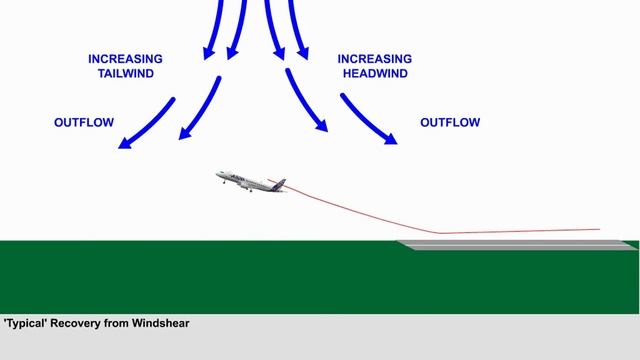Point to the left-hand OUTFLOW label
coord(84,123)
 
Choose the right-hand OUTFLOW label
coord(450,123)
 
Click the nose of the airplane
coord(218,176)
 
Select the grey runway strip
coord(515,244)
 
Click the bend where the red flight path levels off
coord(438,233)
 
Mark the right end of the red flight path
coord(599,229)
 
